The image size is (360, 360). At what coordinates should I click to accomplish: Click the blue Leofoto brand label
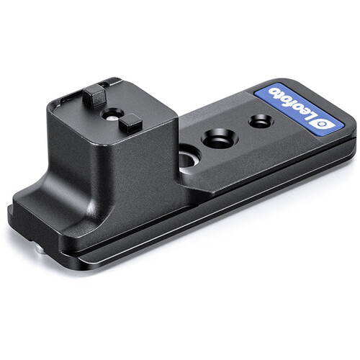(299, 110)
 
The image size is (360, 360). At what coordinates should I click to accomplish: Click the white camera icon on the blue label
(323, 124)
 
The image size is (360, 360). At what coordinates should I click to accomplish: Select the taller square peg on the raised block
(94, 96)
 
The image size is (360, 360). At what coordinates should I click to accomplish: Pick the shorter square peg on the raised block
(130, 124)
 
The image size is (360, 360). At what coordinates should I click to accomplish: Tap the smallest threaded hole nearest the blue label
(260, 121)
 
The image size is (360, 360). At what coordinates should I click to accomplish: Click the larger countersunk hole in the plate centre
(220, 139)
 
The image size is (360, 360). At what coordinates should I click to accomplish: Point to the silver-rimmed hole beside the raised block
(189, 160)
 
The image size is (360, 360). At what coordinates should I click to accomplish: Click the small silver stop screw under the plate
(40, 251)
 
